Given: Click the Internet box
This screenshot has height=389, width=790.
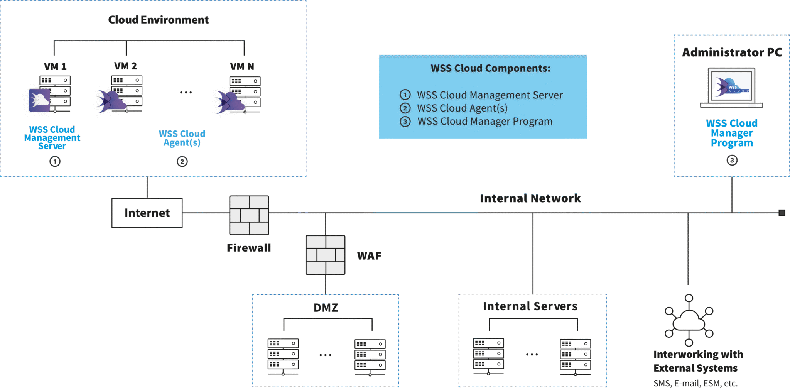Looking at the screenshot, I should (x=147, y=213).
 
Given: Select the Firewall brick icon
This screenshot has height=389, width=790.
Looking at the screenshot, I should (x=249, y=215).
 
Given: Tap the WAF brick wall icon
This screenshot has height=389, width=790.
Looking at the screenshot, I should (x=325, y=255).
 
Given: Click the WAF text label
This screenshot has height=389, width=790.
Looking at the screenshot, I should (x=369, y=256).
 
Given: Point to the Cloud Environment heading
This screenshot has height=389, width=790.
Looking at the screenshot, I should (x=159, y=20).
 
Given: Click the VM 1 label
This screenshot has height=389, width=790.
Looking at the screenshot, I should (x=55, y=66).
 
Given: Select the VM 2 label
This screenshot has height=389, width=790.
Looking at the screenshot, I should (x=125, y=66).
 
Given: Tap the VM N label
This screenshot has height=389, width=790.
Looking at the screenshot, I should (x=242, y=66).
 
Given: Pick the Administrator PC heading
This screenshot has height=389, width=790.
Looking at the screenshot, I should (x=732, y=52).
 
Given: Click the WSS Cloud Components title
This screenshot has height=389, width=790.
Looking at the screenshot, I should (x=490, y=68).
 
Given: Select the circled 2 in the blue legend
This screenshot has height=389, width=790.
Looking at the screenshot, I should (x=405, y=108).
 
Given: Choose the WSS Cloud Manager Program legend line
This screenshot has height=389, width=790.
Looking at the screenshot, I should (x=485, y=122).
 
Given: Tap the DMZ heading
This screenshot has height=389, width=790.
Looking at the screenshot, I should (x=326, y=308).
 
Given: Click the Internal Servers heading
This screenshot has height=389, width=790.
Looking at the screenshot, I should (x=530, y=306).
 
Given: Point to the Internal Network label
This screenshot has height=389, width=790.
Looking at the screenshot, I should (x=530, y=198).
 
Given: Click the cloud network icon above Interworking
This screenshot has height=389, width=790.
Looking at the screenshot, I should (x=689, y=320).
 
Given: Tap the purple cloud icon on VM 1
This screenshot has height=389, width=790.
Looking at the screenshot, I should (x=40, y=100).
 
